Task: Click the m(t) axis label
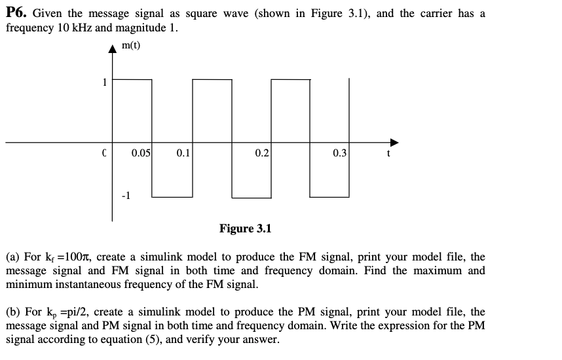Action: click(131, 45)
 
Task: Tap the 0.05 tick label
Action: click(141, 154)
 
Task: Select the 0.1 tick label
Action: click(183, 154)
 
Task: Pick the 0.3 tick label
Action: click(340, 154)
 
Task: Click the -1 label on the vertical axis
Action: click(127, 195)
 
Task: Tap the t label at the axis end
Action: click(388, 154)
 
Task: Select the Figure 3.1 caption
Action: click(245, 228)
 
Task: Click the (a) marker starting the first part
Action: click(12, 258)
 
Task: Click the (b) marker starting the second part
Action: click(12, 312)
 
